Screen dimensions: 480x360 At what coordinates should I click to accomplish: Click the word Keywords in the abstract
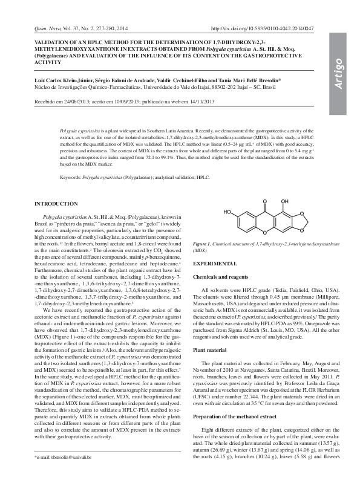coord(70,178)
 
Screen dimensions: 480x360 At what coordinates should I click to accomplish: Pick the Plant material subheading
coord(209,350)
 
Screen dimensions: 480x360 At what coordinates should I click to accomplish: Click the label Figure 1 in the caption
coord(201,243)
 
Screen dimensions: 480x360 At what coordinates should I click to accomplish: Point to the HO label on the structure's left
coord(227,212)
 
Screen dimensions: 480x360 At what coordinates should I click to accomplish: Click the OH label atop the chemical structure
coord(284,199)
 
